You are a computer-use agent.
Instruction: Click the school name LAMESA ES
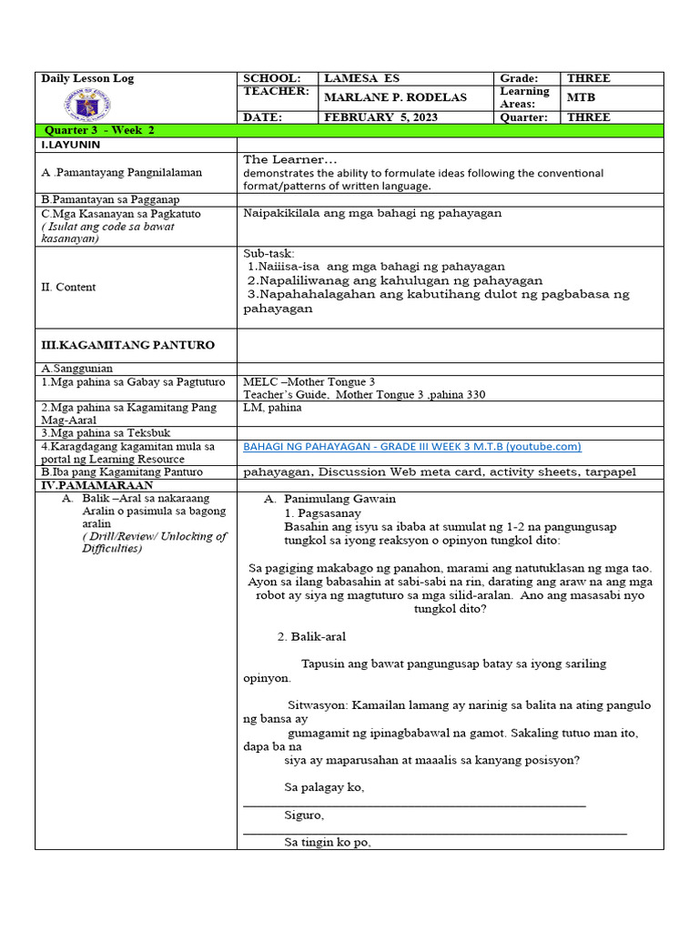[x=361, y=78]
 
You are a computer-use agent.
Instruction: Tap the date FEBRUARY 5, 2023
[x=380, y=117]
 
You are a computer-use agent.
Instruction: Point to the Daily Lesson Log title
[x=87, y=78]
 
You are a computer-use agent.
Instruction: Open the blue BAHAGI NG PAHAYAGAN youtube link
[x=412, y=447]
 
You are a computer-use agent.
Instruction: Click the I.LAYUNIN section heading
[x=70, y=145]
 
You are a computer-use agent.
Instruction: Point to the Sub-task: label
[x=269, y=252]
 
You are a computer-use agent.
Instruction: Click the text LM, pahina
[x=272, y=408]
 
